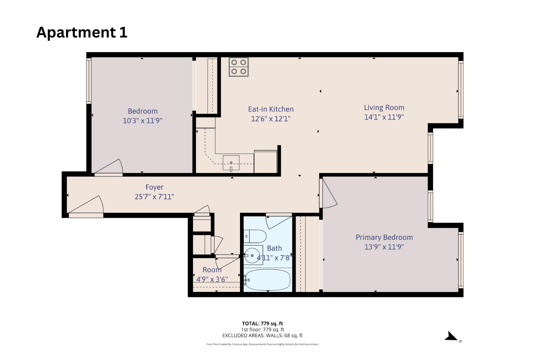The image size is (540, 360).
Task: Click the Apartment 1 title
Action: [82, 32]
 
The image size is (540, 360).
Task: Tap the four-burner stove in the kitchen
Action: [238, 67]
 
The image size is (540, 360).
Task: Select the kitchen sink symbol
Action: [231, 163]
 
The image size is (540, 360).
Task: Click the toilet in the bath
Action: [255, 236]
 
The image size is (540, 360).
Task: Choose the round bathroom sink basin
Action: [251, 256]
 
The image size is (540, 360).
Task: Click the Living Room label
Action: [384, 107]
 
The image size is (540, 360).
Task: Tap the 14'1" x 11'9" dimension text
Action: [384, 117]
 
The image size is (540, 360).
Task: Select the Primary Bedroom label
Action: [384, 237]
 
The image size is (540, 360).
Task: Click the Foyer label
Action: [154, 187]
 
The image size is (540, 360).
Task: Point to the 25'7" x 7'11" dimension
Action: [154, 197]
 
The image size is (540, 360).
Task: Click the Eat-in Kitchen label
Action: [271, 109]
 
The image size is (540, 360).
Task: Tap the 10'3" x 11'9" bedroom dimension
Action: [142, 121]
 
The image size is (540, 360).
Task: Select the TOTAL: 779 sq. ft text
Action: [262, 323]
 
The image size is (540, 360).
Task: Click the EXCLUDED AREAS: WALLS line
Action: [262, 335]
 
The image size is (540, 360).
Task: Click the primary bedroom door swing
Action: [328, 195]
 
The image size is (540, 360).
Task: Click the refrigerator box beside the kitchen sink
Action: [265, 162]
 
